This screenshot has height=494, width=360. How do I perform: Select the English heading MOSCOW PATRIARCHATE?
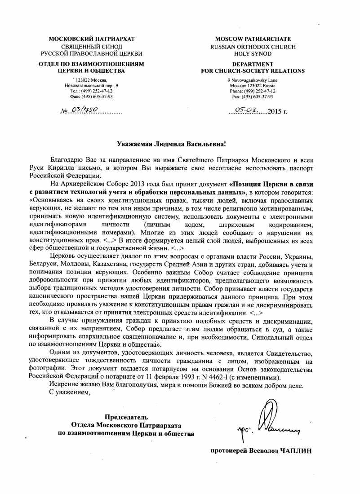click(253, 39)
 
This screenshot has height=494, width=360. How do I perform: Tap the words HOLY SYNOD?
click(253, 53)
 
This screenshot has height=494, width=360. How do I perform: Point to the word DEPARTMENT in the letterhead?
click(253, 64)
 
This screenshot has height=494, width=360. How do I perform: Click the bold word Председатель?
click(126, 417)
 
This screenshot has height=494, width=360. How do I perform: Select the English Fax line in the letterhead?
click(253, 97)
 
